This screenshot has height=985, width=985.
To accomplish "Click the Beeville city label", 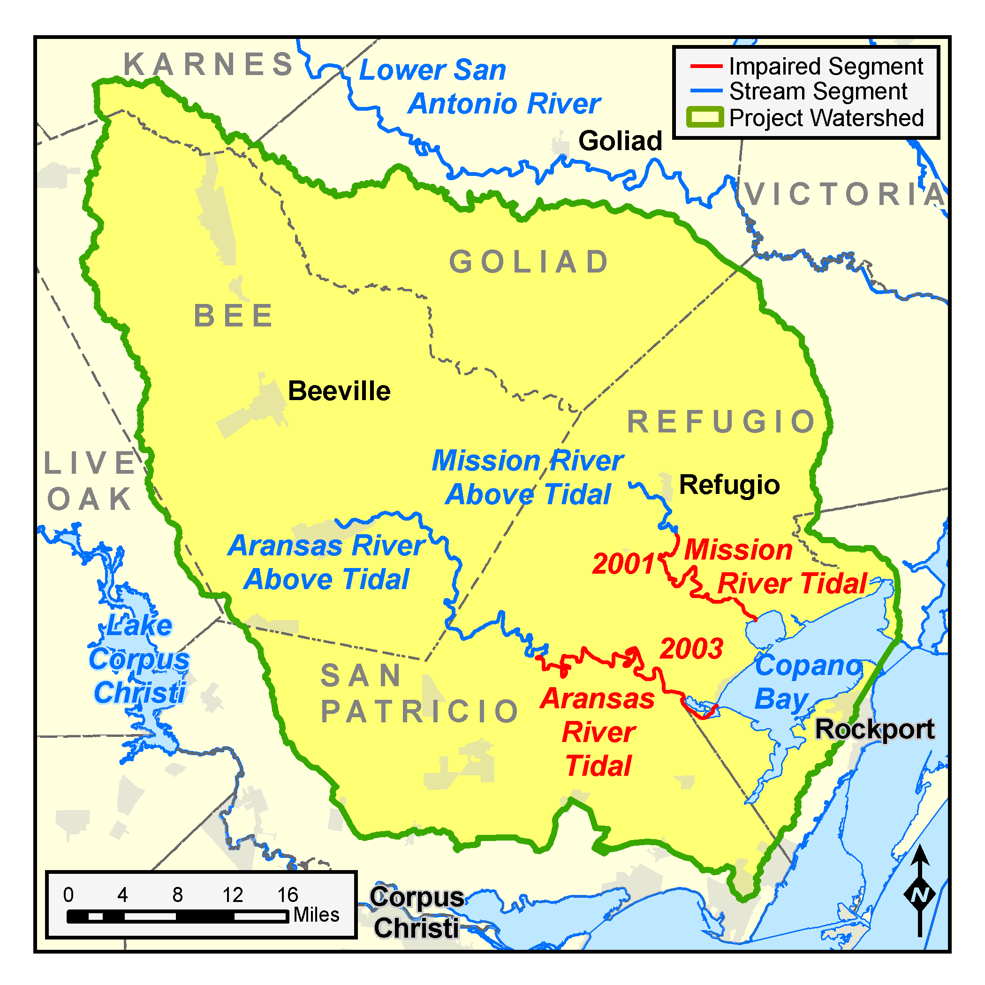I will coord(339,391).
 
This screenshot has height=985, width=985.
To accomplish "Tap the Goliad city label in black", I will coord(620,141).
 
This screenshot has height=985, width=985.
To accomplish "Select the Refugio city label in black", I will coord(729,485).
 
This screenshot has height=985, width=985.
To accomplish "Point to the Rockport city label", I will coord(875,729).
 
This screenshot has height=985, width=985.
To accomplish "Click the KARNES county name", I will coord(209,65).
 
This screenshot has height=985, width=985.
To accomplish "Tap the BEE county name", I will coord(234,316).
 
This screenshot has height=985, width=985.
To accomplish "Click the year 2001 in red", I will coord(623,564).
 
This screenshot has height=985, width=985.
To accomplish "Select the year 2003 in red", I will coord(691,649).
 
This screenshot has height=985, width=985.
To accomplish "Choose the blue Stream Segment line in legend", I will coord(706,91).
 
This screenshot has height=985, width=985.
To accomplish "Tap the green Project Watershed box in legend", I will coord(705,117).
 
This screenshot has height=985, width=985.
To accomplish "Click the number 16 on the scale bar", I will coord(288,895).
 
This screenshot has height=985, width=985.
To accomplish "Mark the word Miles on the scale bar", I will coord(316,915).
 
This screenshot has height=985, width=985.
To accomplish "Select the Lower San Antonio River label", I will coord(479,87).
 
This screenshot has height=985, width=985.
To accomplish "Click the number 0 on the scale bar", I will coord(68,895).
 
